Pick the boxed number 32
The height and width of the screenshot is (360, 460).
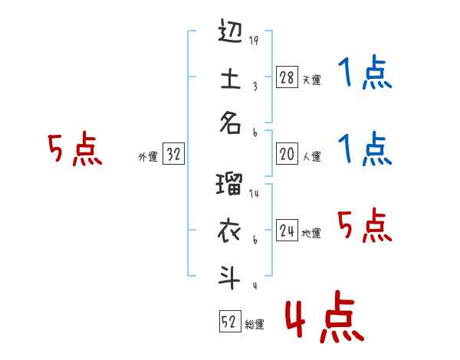point(173,155)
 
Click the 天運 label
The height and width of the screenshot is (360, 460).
point(311,80)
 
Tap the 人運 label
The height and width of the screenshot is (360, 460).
point(311,156)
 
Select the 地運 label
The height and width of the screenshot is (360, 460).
point(311,233)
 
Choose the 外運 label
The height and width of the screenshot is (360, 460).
point(148,156)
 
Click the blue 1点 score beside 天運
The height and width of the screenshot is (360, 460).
point(366,75)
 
